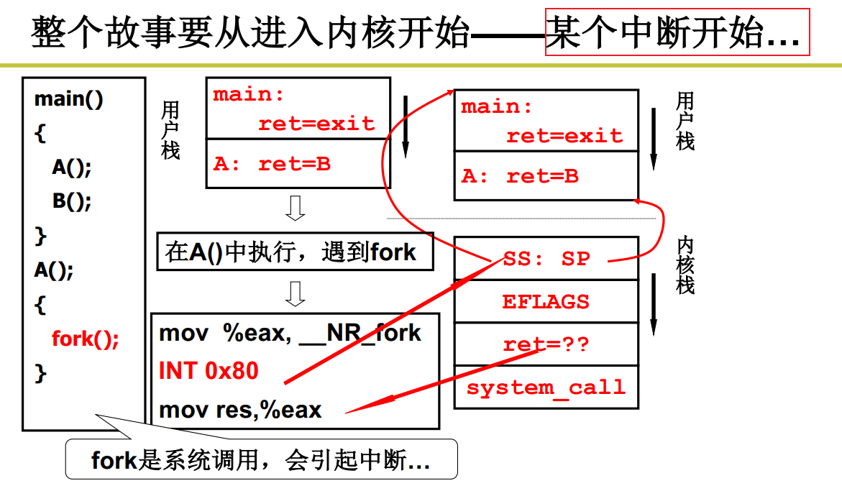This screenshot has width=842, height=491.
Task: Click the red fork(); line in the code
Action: pos(85,339)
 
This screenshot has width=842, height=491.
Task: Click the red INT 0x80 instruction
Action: pos(209,371)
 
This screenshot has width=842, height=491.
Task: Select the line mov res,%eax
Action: pos(240,410)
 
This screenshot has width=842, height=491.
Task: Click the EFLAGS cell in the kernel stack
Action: pos(546,301)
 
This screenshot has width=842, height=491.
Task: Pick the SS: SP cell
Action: pos(546,259)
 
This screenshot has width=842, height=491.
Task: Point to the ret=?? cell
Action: pos(546,344)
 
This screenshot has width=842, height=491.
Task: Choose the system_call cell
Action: pos(546,387)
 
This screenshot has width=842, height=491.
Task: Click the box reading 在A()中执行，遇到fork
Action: pos(295,252)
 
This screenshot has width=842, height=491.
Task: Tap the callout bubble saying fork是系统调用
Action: pos(261,459)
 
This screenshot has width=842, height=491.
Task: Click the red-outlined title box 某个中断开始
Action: pos(677,32)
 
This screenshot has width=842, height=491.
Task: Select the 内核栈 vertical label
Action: pos(686,265)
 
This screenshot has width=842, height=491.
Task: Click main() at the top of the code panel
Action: pos(69,99)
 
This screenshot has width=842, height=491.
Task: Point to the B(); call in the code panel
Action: pos(72,201)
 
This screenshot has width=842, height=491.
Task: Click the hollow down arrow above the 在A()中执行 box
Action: pos(295,208)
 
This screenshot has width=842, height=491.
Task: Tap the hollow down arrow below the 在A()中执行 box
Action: pos(295,293)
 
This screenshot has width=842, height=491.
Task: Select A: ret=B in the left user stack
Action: pos(272,164)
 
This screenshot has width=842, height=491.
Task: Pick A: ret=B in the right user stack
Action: pos(520,176)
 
